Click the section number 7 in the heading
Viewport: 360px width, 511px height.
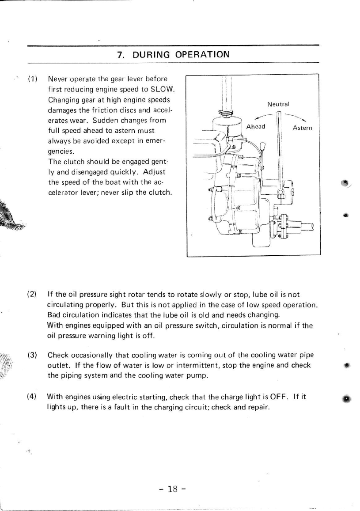coord(119,55)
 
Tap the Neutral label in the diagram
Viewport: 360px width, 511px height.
coord(278,105)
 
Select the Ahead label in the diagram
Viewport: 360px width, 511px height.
coord(256,127)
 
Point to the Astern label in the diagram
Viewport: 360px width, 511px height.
coord(303,128)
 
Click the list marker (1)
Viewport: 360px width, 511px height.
coord(32,79)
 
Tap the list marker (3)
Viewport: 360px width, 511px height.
coord(32,355)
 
